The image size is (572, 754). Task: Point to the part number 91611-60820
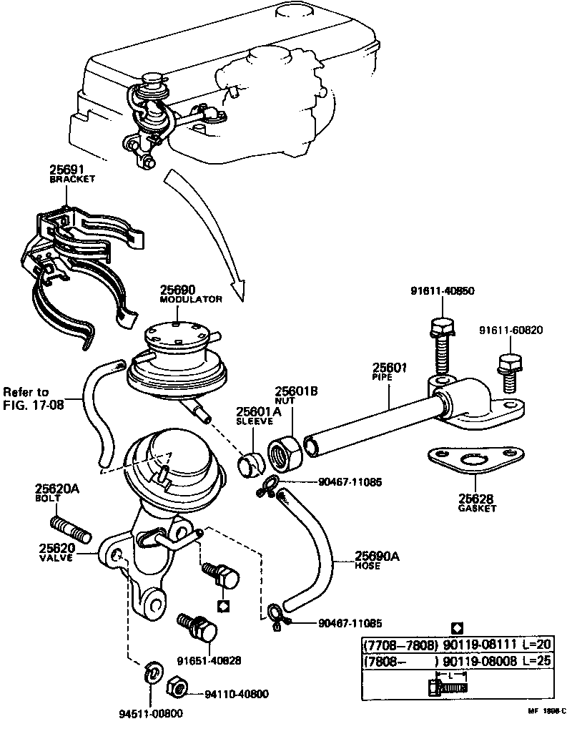(x=511, y=331)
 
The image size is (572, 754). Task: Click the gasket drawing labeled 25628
(x=470, y=462)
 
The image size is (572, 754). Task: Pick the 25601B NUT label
(x=297, y=395)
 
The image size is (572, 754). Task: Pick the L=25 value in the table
(x=536, y=661)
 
